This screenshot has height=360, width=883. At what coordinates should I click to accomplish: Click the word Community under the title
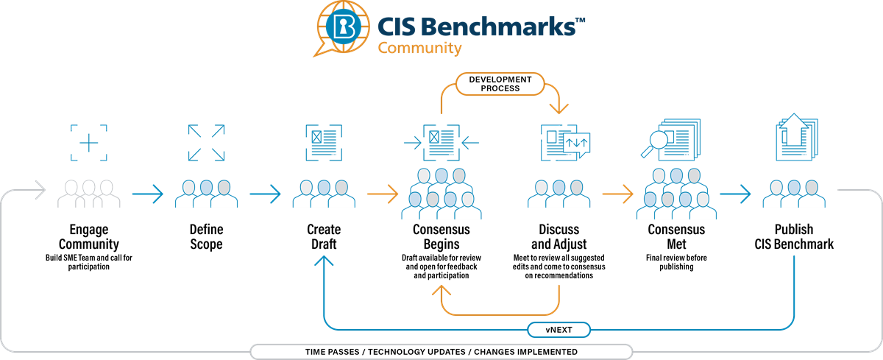[x=419, y=49]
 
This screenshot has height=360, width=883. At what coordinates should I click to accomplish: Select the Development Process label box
[x=500, y=83]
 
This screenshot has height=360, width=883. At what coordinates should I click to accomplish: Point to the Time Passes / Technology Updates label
[x=441, y=352]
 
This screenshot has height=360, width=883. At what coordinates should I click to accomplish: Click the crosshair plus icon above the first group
[x=88, y=142]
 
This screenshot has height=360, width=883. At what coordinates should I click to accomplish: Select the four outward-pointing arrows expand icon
[x=206, y=142]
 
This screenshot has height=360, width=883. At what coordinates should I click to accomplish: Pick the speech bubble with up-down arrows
[x=576, y=144]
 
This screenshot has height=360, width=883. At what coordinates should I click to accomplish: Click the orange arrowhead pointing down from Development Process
[x=558, y=107]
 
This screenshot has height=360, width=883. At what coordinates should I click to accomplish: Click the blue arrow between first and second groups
[x=148, y=195]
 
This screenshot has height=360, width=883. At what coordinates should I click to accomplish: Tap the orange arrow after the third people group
[x=383, y=195]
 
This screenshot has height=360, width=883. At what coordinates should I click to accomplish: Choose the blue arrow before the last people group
[x=735, y=195]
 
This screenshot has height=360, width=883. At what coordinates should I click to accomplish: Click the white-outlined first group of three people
[x=88, y=193]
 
